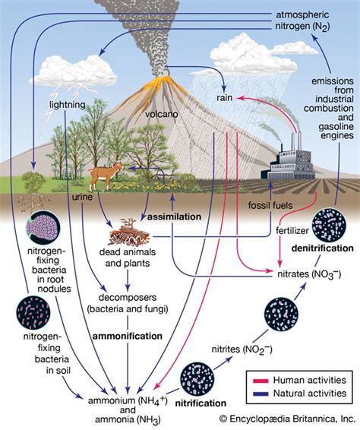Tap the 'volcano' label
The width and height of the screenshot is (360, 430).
[x=161, y=115]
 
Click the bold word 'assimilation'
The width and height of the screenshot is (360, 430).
[x=174, y=217]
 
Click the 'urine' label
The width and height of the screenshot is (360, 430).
[x=81, y=197]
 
